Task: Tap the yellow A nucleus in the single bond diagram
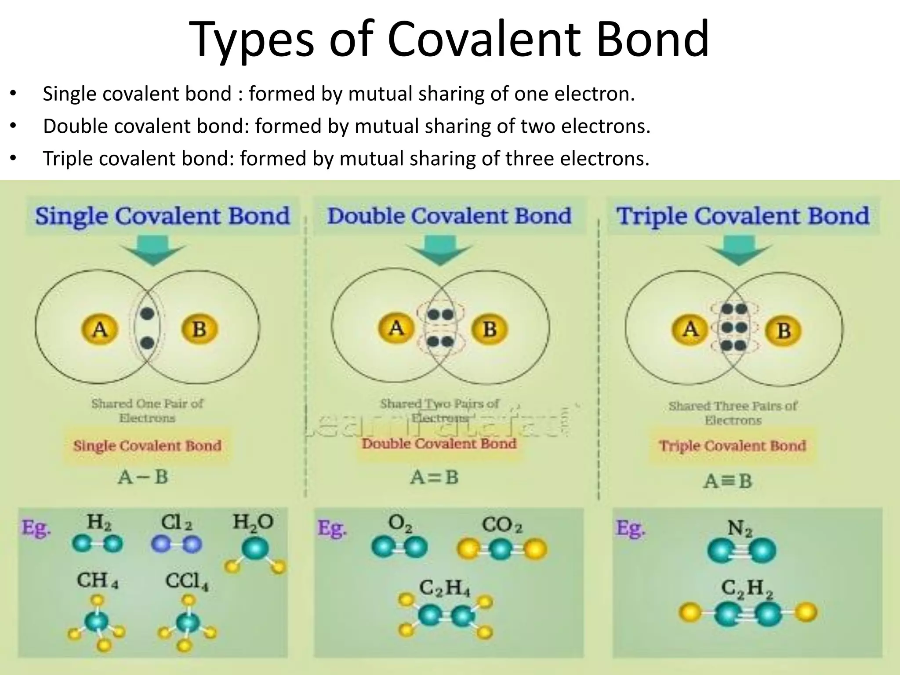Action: click(100, 329)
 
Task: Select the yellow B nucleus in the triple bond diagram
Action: click(784, 330)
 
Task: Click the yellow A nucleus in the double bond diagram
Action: click(396, 328)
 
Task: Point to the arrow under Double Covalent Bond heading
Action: click(439, 251)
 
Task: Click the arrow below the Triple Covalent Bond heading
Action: click(740, 251)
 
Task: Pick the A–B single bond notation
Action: click(143, 477)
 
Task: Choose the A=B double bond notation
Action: click(434, 477)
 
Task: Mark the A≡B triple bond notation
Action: click(728, 481)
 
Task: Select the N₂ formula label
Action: click(740, 528)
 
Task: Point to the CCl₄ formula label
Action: click(187, 582)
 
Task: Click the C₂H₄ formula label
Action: click(444, 588)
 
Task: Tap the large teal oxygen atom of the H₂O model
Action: click(255, 548)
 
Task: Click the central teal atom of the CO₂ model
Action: click(501, 550)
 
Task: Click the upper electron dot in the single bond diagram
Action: click(147, 314)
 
